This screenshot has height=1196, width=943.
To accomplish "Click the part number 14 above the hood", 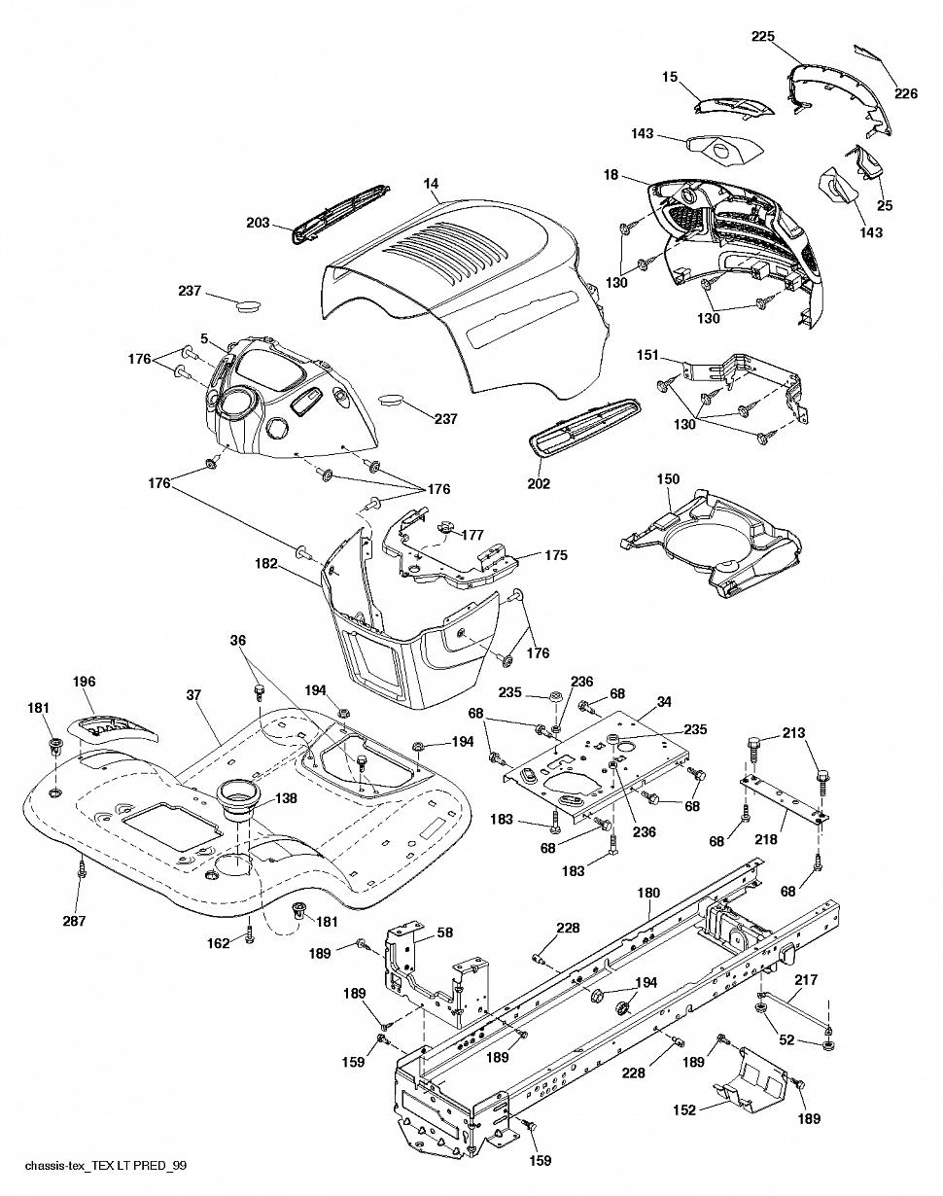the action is click(x=431, y=184).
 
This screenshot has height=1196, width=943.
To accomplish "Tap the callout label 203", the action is click(x=258, y=223).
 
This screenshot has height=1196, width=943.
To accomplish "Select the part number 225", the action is click(x=763, y=36).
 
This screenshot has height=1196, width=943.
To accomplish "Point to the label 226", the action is click(x=906, y=93).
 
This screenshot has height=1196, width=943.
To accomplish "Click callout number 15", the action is click(x=670, y=76).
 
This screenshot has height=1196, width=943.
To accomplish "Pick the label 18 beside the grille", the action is click(x=611, y=175).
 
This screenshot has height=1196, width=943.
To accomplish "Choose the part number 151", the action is click(x=647, y=355).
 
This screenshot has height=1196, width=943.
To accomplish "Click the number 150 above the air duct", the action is click(x=668, y=478).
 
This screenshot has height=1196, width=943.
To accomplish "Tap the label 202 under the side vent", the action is click(x=539, y=483).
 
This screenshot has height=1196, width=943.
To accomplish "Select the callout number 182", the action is click(x=266, y=564).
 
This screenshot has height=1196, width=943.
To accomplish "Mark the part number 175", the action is click(x=556, y=554).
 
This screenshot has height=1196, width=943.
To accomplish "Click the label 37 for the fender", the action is click(x=193, y=694).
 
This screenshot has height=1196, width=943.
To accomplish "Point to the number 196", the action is click(x=84, y=682).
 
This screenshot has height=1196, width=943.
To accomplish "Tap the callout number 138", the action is click(x=286, y=798).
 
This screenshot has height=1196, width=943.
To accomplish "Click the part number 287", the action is click(x=74, y=921).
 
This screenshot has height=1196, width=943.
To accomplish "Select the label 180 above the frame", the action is click(x=648, y=893).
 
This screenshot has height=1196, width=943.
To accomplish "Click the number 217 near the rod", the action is click(x=806, y=979).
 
